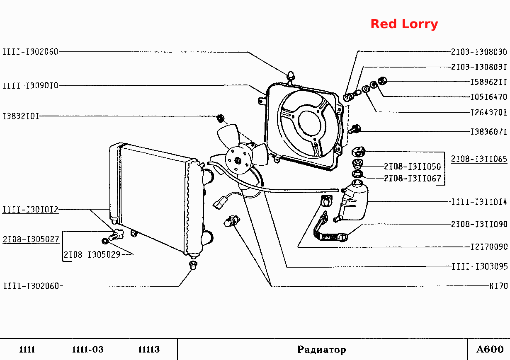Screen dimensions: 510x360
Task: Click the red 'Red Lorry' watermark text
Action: [404, 24]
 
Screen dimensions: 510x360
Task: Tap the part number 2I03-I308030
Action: [479, 52]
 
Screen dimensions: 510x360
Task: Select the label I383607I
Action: [488, 132]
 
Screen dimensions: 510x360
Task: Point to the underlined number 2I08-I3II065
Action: [479, 159]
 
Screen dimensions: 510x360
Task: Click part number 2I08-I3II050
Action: [412, 167]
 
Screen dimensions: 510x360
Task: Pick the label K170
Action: [499, 286]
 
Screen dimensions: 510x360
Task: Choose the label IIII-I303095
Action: [480, 266]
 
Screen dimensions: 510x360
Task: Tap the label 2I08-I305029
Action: [92, 255]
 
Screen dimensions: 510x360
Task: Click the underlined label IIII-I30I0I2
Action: [31, 209]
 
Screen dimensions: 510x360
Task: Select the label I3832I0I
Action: [21, 116]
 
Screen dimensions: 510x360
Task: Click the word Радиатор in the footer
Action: [321, 350]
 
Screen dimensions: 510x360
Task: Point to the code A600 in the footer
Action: [490, 349]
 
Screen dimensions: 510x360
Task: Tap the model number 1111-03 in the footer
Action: [88, 349]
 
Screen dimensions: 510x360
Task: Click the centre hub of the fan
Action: [238, 161]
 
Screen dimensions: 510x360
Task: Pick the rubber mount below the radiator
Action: [193, 265]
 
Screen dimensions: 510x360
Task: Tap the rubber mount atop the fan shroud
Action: [291, 76]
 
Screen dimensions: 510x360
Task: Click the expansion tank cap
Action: [358, 152]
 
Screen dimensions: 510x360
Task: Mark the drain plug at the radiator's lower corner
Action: [116, 235]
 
